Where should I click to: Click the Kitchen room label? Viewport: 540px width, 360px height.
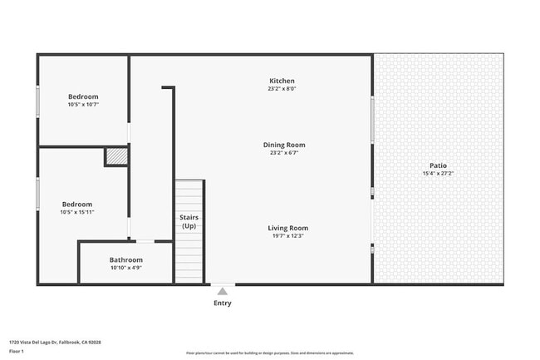tap(282, 80)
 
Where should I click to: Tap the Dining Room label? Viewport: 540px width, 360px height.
tap(284, 145)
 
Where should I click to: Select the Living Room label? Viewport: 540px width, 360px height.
tap(287, 228)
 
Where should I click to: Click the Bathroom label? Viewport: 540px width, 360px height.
tap(126, 259)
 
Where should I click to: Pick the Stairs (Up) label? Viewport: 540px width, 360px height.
tap(189, 221)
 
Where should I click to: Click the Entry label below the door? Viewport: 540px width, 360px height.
tap(222, 303)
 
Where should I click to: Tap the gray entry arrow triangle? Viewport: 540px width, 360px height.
tap(222, 290)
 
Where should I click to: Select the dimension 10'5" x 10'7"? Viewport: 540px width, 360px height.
tap(83, 105)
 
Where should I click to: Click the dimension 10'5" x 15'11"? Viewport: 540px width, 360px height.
tap(76, 212)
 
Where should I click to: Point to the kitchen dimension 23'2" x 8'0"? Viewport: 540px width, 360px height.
tap(282, 88)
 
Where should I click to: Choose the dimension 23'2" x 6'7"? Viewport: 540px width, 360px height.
tap(284, 153)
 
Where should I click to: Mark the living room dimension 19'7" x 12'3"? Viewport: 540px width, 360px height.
tap(287, 236)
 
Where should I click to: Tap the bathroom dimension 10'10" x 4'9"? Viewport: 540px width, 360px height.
tap(126, 268)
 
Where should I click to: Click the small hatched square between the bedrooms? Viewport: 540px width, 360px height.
tap(115, 156)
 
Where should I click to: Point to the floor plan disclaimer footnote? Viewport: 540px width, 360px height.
tap(269, 353)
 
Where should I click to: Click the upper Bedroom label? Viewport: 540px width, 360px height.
tap(83, 96)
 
